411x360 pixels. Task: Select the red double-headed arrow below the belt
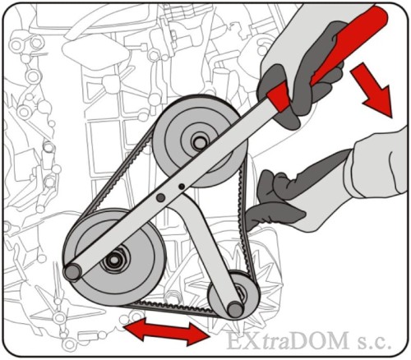coord(166,331)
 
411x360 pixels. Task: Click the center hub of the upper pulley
coord(200,142)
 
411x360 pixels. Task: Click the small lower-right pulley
coord(233,295)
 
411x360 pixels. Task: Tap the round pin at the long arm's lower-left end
coord(72,271)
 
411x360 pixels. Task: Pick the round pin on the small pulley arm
coord(235,310)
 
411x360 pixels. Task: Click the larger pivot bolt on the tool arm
coord(160,197)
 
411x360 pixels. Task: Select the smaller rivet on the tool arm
coord(182,187)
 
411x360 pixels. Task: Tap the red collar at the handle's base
coord(278,96)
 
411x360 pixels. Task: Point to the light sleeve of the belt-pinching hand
coord(378,164)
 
